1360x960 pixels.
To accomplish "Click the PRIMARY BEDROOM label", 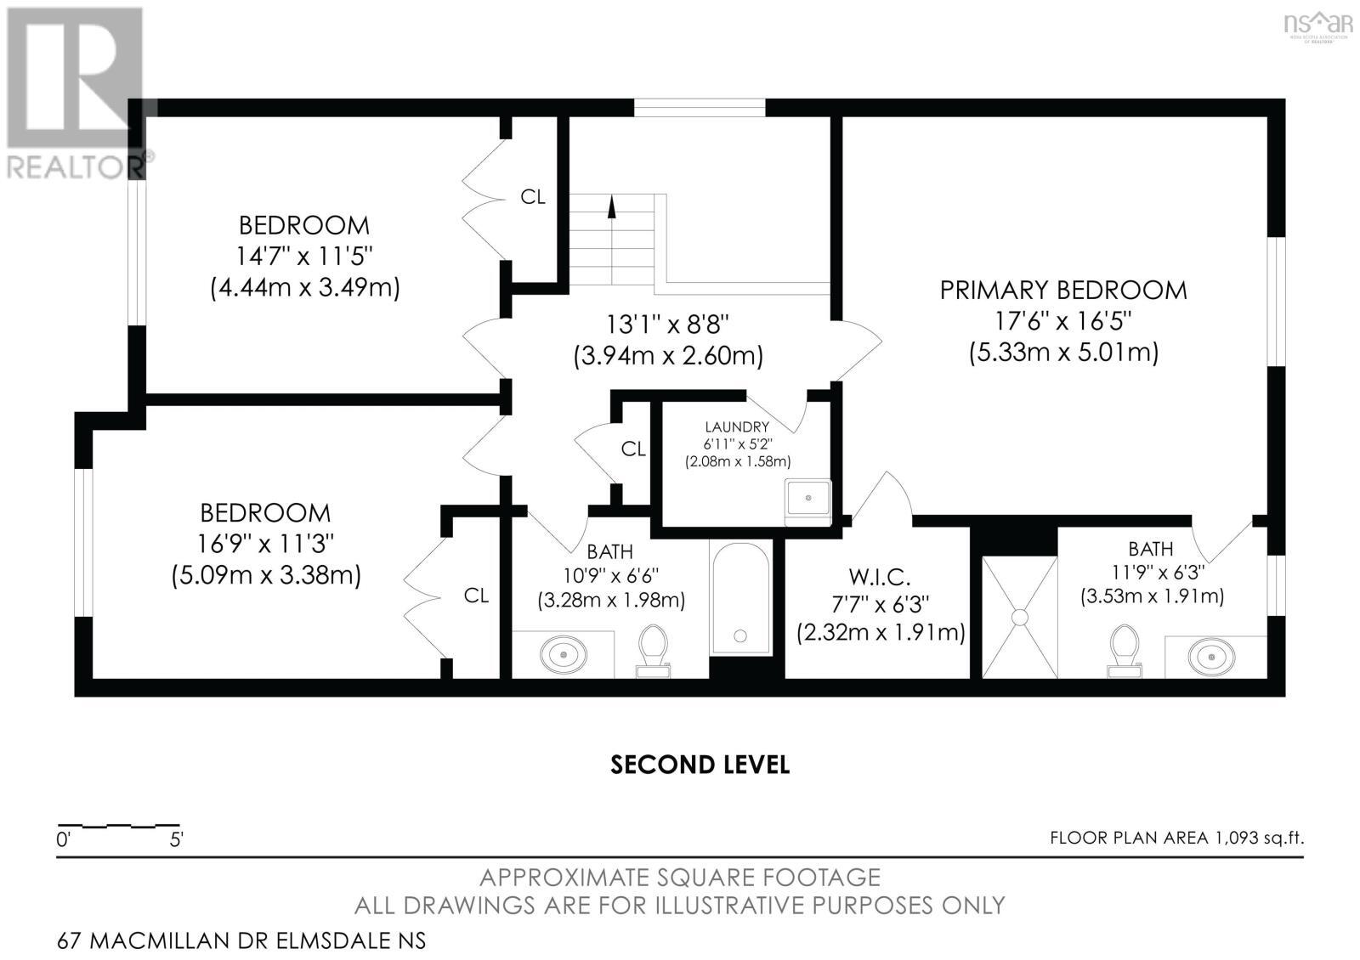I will (x=1063, y=291).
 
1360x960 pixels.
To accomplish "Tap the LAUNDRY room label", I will (x=736, y=427).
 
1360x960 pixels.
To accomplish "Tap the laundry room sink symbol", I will (x=807, y=498).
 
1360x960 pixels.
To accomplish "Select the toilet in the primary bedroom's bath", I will (x=1123, y=650).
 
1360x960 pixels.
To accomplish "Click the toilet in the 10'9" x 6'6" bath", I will (x=653, y=650).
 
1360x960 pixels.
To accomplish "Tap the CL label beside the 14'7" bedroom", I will (x=533, y=197).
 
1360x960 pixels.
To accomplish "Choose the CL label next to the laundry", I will (x=633, y=449).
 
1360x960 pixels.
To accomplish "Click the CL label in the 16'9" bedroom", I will (x=476, y=596).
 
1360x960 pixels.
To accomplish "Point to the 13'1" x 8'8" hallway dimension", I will (x=668, y=324).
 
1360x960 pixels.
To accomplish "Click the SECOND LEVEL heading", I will (x=700, y=765).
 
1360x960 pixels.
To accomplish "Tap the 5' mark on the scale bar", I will (x=177, y=841).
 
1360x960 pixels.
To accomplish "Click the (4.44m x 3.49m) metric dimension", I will (x=304, y=287).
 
